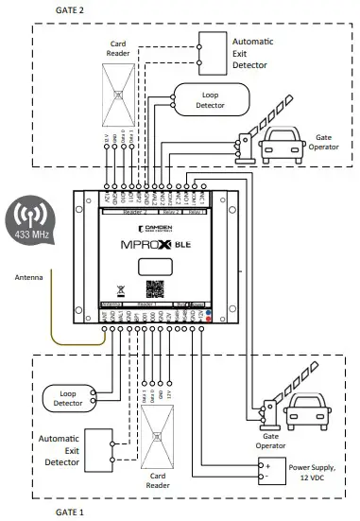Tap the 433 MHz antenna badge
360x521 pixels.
click(x=35, y=222)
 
